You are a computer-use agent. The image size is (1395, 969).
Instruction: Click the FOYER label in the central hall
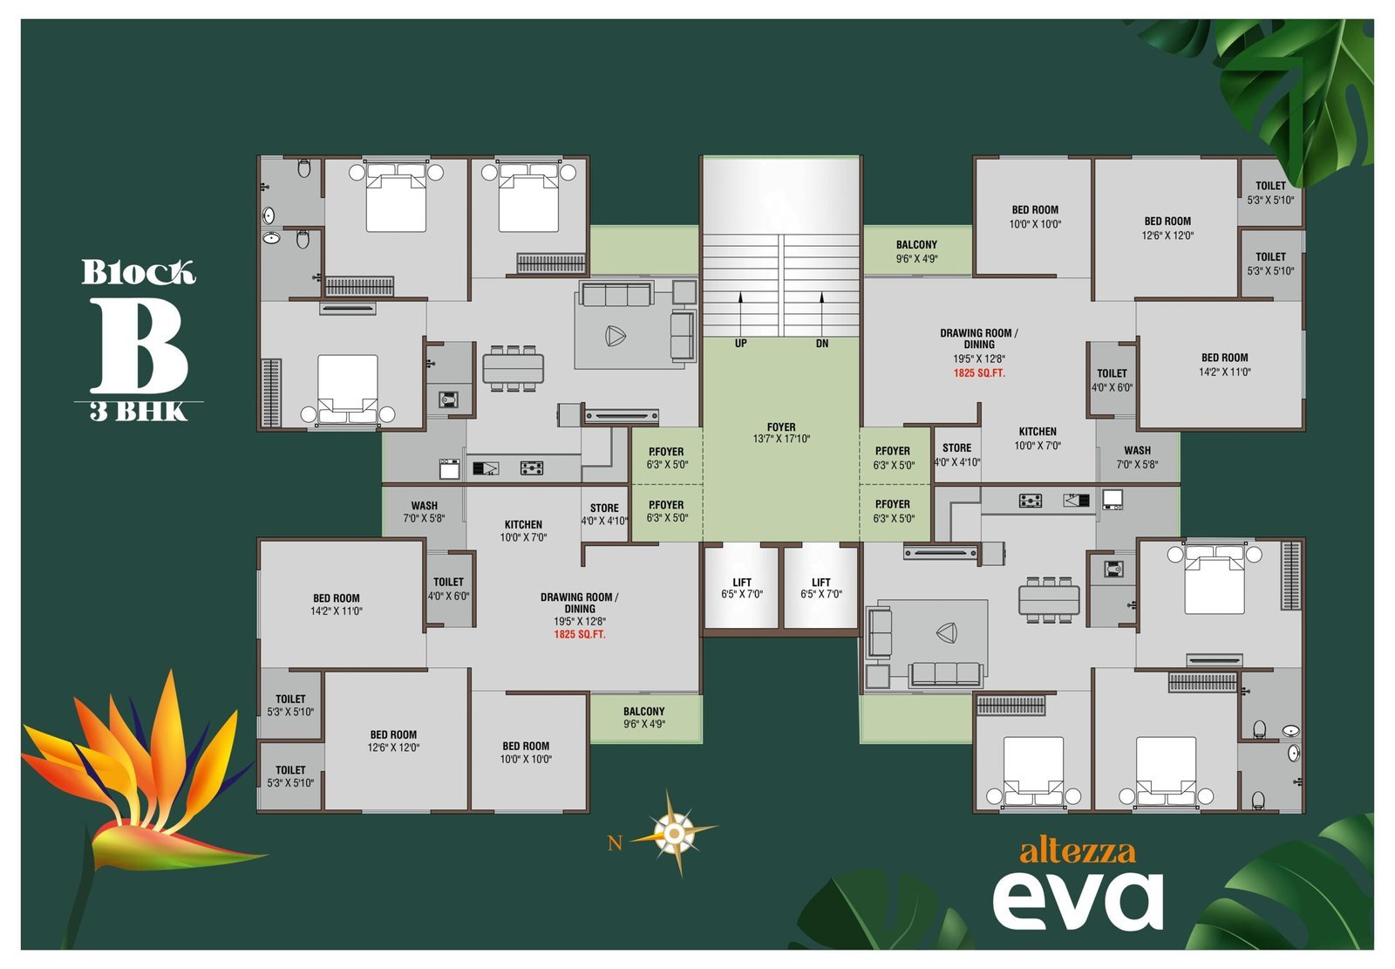(x=781, y=433)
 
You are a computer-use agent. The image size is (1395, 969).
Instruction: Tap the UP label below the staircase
(x=740, y=344)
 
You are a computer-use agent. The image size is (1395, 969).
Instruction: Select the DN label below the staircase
(x=822, y=344)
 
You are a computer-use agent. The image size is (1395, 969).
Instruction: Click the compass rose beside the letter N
(x=674, y=833)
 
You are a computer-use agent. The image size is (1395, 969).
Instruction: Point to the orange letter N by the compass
(x=615, y=843)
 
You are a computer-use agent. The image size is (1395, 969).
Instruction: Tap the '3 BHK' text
(x=139, y=412)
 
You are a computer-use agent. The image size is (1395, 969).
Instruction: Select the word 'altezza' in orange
(x=1078, y=852)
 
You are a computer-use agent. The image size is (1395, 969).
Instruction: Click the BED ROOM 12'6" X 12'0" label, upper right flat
(x=1167, y=228)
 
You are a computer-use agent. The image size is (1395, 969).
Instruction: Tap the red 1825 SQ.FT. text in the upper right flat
(x=979, y=373)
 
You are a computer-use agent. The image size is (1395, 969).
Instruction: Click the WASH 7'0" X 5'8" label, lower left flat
(x=424, y=512)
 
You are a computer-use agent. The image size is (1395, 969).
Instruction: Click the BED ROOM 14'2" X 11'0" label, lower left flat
(x=337, y=604)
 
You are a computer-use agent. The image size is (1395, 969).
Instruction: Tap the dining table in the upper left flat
(x=514, y=368)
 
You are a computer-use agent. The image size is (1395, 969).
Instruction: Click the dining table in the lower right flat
(x=1050, y=600)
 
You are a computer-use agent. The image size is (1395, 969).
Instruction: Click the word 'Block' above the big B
(x=139, y=272)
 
